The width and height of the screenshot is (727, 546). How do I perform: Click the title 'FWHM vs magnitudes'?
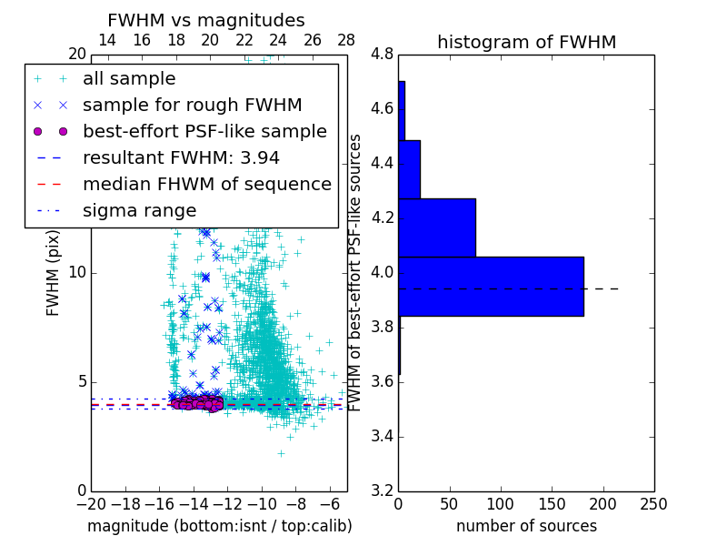[206, 21]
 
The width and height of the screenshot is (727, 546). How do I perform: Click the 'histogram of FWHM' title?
[526, 42]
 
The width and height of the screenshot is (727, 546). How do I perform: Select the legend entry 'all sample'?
[129, 79]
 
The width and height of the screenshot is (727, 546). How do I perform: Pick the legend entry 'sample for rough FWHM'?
[192, 105]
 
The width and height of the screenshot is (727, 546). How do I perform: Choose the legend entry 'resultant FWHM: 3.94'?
[181, 157]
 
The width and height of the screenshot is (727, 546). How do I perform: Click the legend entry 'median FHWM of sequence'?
[206, 184]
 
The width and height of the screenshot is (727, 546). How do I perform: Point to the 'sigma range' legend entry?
[139, 210]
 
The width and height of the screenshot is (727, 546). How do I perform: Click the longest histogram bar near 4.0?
[491, 287]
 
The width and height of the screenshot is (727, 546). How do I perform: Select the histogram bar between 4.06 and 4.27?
[437, 227]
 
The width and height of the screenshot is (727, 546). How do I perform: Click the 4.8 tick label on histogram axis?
[382, 55]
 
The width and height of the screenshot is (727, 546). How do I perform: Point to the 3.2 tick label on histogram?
[382, 490]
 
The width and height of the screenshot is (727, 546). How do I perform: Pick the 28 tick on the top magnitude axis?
[346, 40]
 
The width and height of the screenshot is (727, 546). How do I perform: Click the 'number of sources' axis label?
[526, 526]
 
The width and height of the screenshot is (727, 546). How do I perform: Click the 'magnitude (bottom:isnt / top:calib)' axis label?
[219, 526]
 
